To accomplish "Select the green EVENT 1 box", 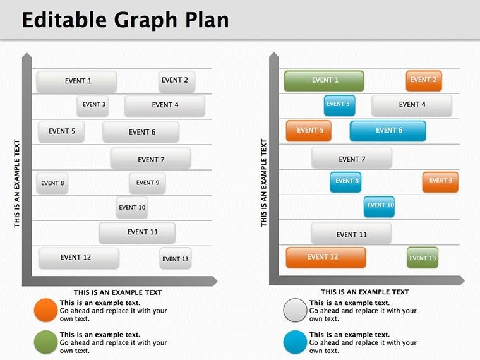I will (x=324, y=81).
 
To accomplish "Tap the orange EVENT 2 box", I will (x=423, y=80).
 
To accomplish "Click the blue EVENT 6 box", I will (x=388, y=131).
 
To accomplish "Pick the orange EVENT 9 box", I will (x=440, y=181).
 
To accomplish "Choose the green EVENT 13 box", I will (x=423, y=258).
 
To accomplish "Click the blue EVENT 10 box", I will (x=379, y=206).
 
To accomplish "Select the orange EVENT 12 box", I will (x=325, y=257).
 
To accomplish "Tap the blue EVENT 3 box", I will (x=339, y=105).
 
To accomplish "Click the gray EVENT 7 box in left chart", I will (x=150, y=159).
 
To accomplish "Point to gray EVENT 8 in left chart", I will (x=52, y=183).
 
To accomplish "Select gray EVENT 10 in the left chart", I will (x=132, y=207).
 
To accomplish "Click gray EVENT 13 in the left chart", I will (x=175, y=258).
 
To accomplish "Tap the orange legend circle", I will (x=46, y=311).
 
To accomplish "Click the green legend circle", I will (x=46, y=342).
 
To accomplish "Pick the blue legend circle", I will (x=295, y=342).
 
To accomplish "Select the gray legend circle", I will (x=295, y=311).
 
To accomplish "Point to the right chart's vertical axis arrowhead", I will (x=273, y=58).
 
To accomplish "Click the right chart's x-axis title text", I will (x=364, y=292).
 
